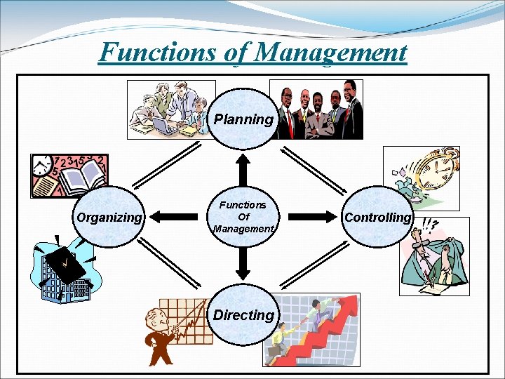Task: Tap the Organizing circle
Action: (109, 217)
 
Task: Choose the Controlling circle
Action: (377, 217)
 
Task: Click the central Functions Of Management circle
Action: (243, 217)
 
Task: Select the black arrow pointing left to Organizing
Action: (172, 217)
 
